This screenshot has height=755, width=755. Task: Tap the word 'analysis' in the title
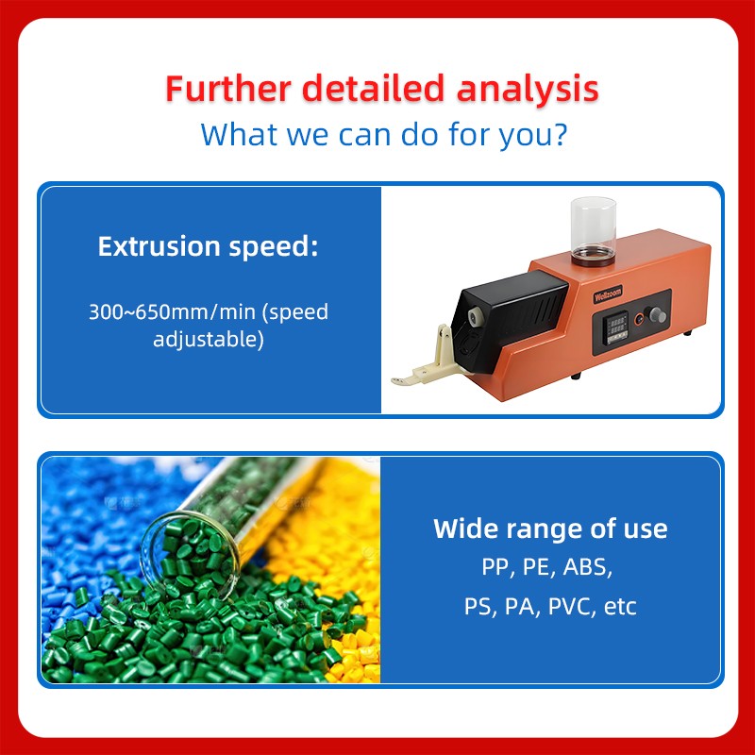[x=528, y=89]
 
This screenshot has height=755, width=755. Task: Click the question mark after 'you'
[x=559, y=133]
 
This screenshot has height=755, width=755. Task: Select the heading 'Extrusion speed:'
[x=209, y=248]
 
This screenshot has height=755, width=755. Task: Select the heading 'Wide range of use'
[x=550, y=528]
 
